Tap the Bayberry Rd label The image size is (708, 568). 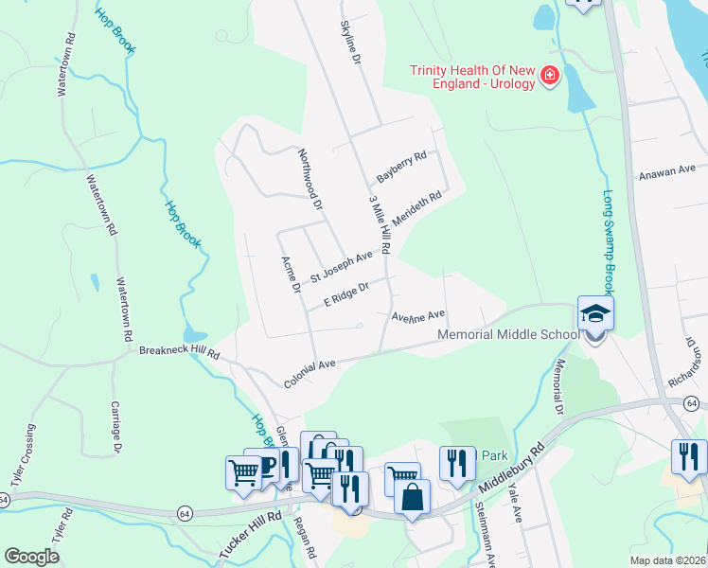402,166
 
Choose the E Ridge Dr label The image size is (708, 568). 345,293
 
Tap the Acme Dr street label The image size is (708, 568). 290,275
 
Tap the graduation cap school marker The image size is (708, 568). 595,314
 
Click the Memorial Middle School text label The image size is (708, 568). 508,335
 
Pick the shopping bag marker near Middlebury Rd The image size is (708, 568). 412,497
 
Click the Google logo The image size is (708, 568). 31,557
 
